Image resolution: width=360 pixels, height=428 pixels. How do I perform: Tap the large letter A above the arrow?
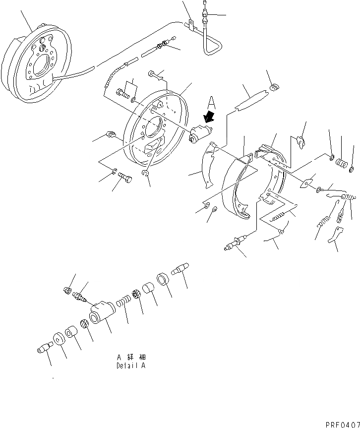point(211,103)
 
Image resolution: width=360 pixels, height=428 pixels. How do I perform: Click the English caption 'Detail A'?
point(131,366)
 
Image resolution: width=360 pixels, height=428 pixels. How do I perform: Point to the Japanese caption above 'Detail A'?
point(131,357)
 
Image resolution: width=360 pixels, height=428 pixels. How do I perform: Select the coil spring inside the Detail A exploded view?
point(123,301)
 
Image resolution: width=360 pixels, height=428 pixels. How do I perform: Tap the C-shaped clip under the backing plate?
point(145,173)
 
